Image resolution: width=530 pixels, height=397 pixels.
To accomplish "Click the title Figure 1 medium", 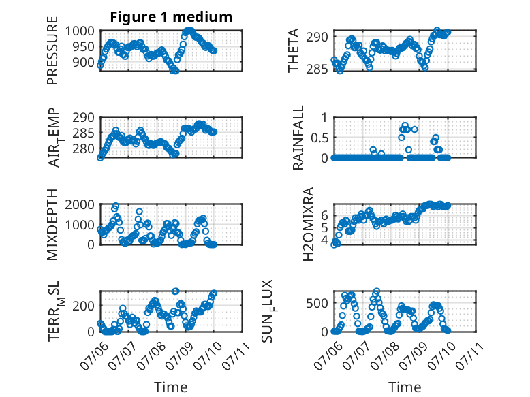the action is click(x=171, y=17).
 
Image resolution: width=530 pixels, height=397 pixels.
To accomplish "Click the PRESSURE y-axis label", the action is click(x=52, y=50).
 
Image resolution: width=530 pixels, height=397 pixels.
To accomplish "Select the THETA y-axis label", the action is click(x=294, y=50).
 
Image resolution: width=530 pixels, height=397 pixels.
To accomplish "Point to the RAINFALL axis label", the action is click(x=298, y=138).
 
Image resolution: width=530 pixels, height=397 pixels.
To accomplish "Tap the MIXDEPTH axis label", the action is click(x=52, y=225).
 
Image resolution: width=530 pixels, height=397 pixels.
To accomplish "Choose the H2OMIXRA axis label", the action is click(x=309, y=224).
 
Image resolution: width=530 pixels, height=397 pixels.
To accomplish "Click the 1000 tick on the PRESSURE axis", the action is click(x=80, y=31).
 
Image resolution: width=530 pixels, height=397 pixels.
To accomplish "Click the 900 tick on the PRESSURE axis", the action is click(x=83, y=62).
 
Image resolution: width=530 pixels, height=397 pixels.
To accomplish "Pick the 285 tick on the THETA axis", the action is click(x=317, y=69).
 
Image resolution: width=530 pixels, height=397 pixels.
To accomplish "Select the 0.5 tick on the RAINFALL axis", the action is click(x=319, y=138).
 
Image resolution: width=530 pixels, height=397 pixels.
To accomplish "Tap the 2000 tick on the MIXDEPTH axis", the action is click(x=80, y=204).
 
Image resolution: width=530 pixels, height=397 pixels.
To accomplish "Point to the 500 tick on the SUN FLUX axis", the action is click(x=317, y=303).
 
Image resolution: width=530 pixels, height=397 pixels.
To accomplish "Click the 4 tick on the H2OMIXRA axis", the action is click(x=325, y=240).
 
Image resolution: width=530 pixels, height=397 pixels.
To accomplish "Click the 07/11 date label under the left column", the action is click(x=236, y=355).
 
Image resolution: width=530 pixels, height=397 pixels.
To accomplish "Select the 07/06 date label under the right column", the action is click(x=327, y=355).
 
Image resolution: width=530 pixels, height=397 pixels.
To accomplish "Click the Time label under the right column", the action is click(x=405, y=387).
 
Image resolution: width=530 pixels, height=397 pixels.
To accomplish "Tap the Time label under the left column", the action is click(x=171, y=387).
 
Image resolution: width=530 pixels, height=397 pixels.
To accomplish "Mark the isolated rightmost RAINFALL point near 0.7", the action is click(x=414, y=129).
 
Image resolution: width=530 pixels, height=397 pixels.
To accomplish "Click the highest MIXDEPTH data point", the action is click(x=116, y=206).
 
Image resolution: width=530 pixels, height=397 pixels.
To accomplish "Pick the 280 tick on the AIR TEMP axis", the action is click(x=83, y=148).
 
